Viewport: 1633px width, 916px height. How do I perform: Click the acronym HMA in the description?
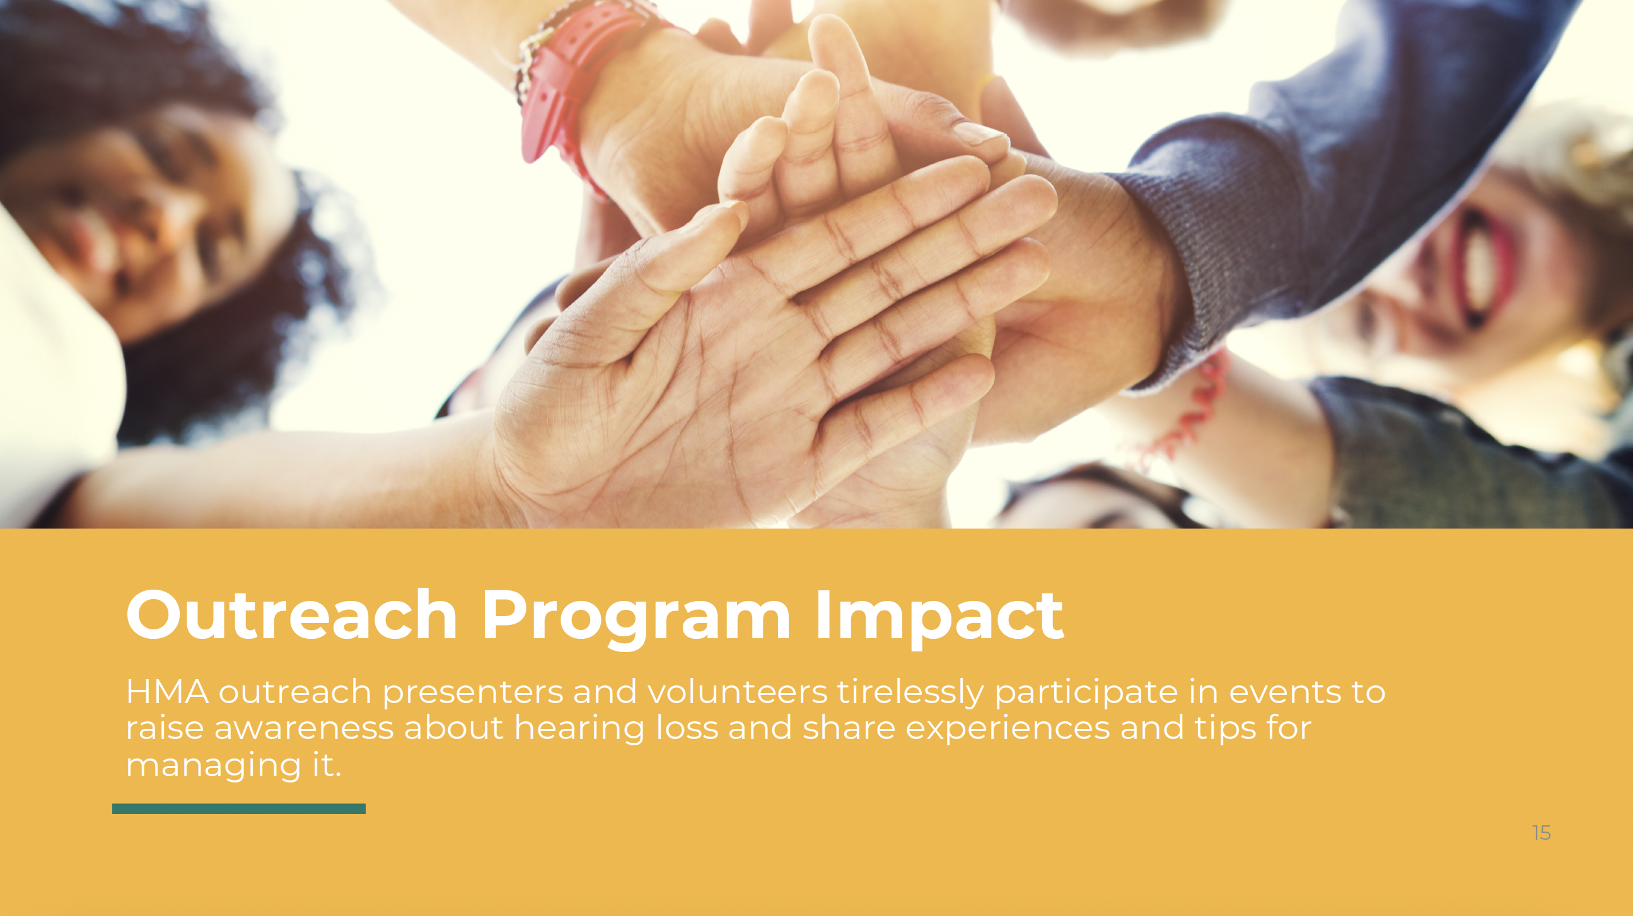[x=167, y=691]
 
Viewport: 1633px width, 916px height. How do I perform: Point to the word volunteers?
[x=737, y=691]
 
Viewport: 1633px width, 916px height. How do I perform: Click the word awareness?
[x=304, y=728]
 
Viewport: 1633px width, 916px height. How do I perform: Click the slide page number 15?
[x=1541, y=833]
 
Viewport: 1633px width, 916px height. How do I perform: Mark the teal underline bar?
[x=239, y=808]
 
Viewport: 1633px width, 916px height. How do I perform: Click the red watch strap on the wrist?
[x=574, y=83]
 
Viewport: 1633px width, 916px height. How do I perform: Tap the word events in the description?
[x=1285, y=691]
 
